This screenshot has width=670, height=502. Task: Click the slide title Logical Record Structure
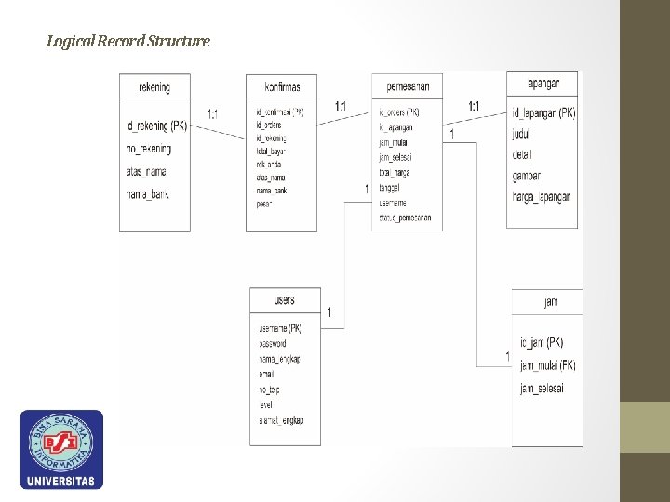point(128,41)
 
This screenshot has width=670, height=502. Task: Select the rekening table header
point(154,87)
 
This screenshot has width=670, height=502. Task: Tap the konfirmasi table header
point(281,87)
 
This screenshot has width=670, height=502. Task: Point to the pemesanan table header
point(407,87)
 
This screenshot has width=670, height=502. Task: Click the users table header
point(285,300)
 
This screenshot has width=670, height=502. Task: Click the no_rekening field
point(150,149)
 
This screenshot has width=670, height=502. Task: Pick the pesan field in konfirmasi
point(263,204)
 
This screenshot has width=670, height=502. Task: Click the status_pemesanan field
point(406,218)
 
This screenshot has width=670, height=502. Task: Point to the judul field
point(521,134)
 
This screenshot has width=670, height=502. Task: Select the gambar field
point(527,176)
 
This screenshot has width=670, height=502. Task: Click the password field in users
point(273,344)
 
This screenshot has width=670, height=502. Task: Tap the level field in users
point(267,405)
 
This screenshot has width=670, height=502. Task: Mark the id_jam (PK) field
point(541,343)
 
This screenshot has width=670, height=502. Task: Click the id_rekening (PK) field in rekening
point(157,125)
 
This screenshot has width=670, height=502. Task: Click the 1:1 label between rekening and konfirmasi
point(213,114)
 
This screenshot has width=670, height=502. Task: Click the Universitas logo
point(61,450)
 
